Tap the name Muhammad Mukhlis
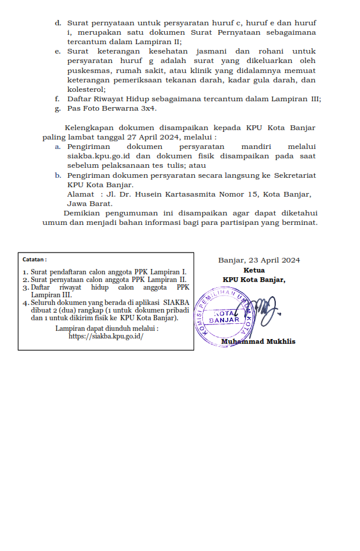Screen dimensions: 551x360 point(258,342)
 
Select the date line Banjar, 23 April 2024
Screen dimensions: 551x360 point(259,260)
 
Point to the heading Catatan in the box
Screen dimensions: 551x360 point(34,259)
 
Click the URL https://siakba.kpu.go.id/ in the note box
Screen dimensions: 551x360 point(106,337)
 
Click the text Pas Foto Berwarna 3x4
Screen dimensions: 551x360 point(112,109)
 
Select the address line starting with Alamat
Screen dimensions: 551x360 point(189,194)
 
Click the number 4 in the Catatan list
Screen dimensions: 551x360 point(25,303)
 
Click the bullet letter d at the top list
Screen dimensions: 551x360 point(58,23)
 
